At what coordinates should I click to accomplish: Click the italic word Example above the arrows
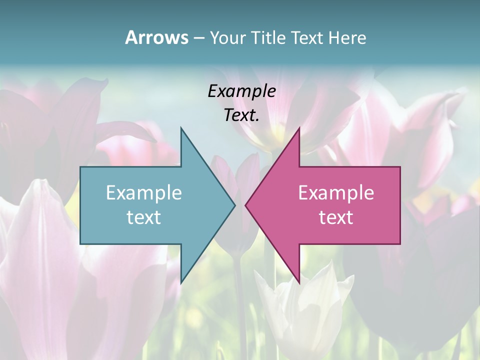241,91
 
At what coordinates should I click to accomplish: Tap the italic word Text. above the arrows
241,115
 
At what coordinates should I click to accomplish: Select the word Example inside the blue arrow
144,193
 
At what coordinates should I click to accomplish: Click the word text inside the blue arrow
144,217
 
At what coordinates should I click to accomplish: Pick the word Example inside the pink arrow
336,193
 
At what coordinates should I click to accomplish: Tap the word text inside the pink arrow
336,217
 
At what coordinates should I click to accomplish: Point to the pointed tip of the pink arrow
246,205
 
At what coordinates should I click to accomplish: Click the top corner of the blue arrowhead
181,128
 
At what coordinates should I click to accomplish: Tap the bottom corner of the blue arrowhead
181,282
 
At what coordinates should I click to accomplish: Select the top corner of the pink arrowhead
298,128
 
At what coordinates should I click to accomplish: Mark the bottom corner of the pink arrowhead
298,282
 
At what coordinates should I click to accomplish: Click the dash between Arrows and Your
198,38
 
